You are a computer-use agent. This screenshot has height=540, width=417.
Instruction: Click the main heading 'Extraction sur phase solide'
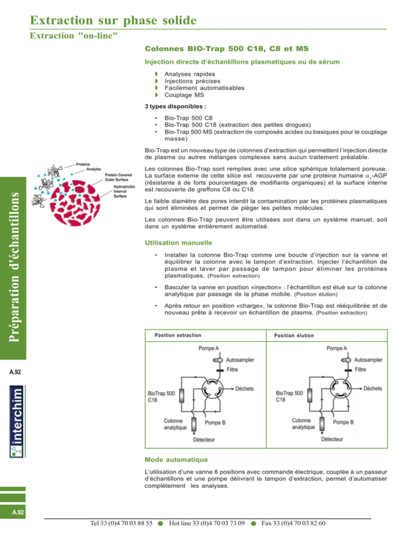click(x=113, y=20)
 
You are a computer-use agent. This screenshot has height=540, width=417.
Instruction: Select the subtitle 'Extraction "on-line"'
click(x=74, y=36)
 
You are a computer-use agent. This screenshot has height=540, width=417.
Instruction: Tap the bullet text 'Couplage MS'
click(x=184, y=95)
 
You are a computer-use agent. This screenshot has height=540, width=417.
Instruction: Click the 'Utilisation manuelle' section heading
click(x=179, y=243)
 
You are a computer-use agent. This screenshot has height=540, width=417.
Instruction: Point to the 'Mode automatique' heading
click(x=176, y=460)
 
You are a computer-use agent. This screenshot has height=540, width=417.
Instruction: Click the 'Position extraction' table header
click(x=178, y=335)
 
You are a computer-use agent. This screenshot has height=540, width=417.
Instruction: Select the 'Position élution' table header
click(x=294, y=335)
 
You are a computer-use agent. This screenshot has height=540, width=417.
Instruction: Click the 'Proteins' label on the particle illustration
click(x=83, y=164)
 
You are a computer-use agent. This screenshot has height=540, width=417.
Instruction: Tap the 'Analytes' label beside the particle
click(x=93, y=169)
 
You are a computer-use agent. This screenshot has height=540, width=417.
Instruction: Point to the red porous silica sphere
click(x=75, y=203)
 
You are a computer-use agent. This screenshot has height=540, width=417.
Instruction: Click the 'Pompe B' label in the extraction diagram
click(x=215, y=423)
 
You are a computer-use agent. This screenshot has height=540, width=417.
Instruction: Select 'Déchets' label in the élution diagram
click(x=372, y=388)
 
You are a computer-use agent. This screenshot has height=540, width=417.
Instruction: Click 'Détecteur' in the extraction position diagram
click(x=204, y=440)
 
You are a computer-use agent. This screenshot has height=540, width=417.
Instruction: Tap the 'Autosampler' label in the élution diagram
click(x=368, y=360)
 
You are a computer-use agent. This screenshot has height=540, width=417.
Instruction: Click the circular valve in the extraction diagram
click(x=212, y=389)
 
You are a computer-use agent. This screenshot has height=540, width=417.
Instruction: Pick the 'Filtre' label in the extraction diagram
click(x=232, y=369)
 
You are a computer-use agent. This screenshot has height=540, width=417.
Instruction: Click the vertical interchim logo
click(x=17, y=422)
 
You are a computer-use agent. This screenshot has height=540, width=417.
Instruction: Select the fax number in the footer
click(x=293, y=524)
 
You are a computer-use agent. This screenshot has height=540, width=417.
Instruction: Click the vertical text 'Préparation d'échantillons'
click(x=14, y=267)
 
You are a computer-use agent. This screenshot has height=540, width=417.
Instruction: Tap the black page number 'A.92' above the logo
click(x=15, y=372)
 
